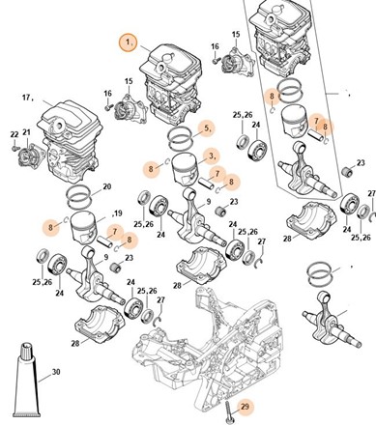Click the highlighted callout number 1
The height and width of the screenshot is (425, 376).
click(129, 42)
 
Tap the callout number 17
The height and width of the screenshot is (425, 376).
click(26, 97)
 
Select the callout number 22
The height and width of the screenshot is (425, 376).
click(14, 134)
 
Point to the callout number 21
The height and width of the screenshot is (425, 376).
click(26, 132)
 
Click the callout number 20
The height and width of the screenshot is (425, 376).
click(106, 186)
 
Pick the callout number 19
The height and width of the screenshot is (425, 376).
click(118, 212)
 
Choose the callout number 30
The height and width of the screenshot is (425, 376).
click(56, 372)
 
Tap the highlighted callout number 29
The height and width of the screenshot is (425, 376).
click(245, 407)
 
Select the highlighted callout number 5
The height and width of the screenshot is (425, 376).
click(207, 127)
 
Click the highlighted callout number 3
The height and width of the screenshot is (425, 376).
click(212, 156)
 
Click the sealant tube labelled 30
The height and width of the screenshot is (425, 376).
click(27, 380)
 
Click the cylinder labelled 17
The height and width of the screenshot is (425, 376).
click(70, 141)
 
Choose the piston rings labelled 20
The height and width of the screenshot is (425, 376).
click(78, 197)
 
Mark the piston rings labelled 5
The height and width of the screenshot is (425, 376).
click(181, 137)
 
